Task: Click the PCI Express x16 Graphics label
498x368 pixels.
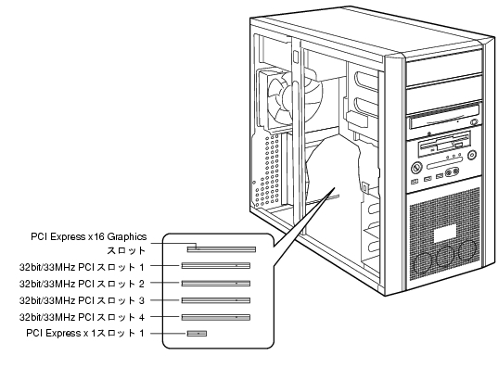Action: coord(89,244)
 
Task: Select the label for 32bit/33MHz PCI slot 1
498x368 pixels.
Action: coord(82,267)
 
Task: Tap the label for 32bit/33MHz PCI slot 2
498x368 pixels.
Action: coord(82,284)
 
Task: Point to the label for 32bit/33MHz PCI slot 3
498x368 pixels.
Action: coord(82,300)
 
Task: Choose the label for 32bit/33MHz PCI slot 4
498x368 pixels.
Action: coord(82,317)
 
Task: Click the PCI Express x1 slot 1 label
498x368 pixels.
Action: coord(85,334)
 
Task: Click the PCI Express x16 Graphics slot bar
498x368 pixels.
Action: coord(222,249)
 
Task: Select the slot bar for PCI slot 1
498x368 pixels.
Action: coord(216,265)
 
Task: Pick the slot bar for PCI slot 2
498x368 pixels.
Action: coord(216,284)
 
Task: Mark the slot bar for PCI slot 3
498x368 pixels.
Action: coord(216,300)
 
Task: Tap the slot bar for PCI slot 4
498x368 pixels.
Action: coord(216,317)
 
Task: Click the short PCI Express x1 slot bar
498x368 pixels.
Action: coord(197,334)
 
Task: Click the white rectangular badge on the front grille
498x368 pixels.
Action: coord(445,234)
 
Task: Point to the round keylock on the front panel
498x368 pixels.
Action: coord(416,168)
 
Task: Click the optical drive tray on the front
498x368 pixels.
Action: coord(444,118)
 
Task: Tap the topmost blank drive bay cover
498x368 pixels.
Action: coord(444,68)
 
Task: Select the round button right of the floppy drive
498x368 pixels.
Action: coord(472,156)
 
